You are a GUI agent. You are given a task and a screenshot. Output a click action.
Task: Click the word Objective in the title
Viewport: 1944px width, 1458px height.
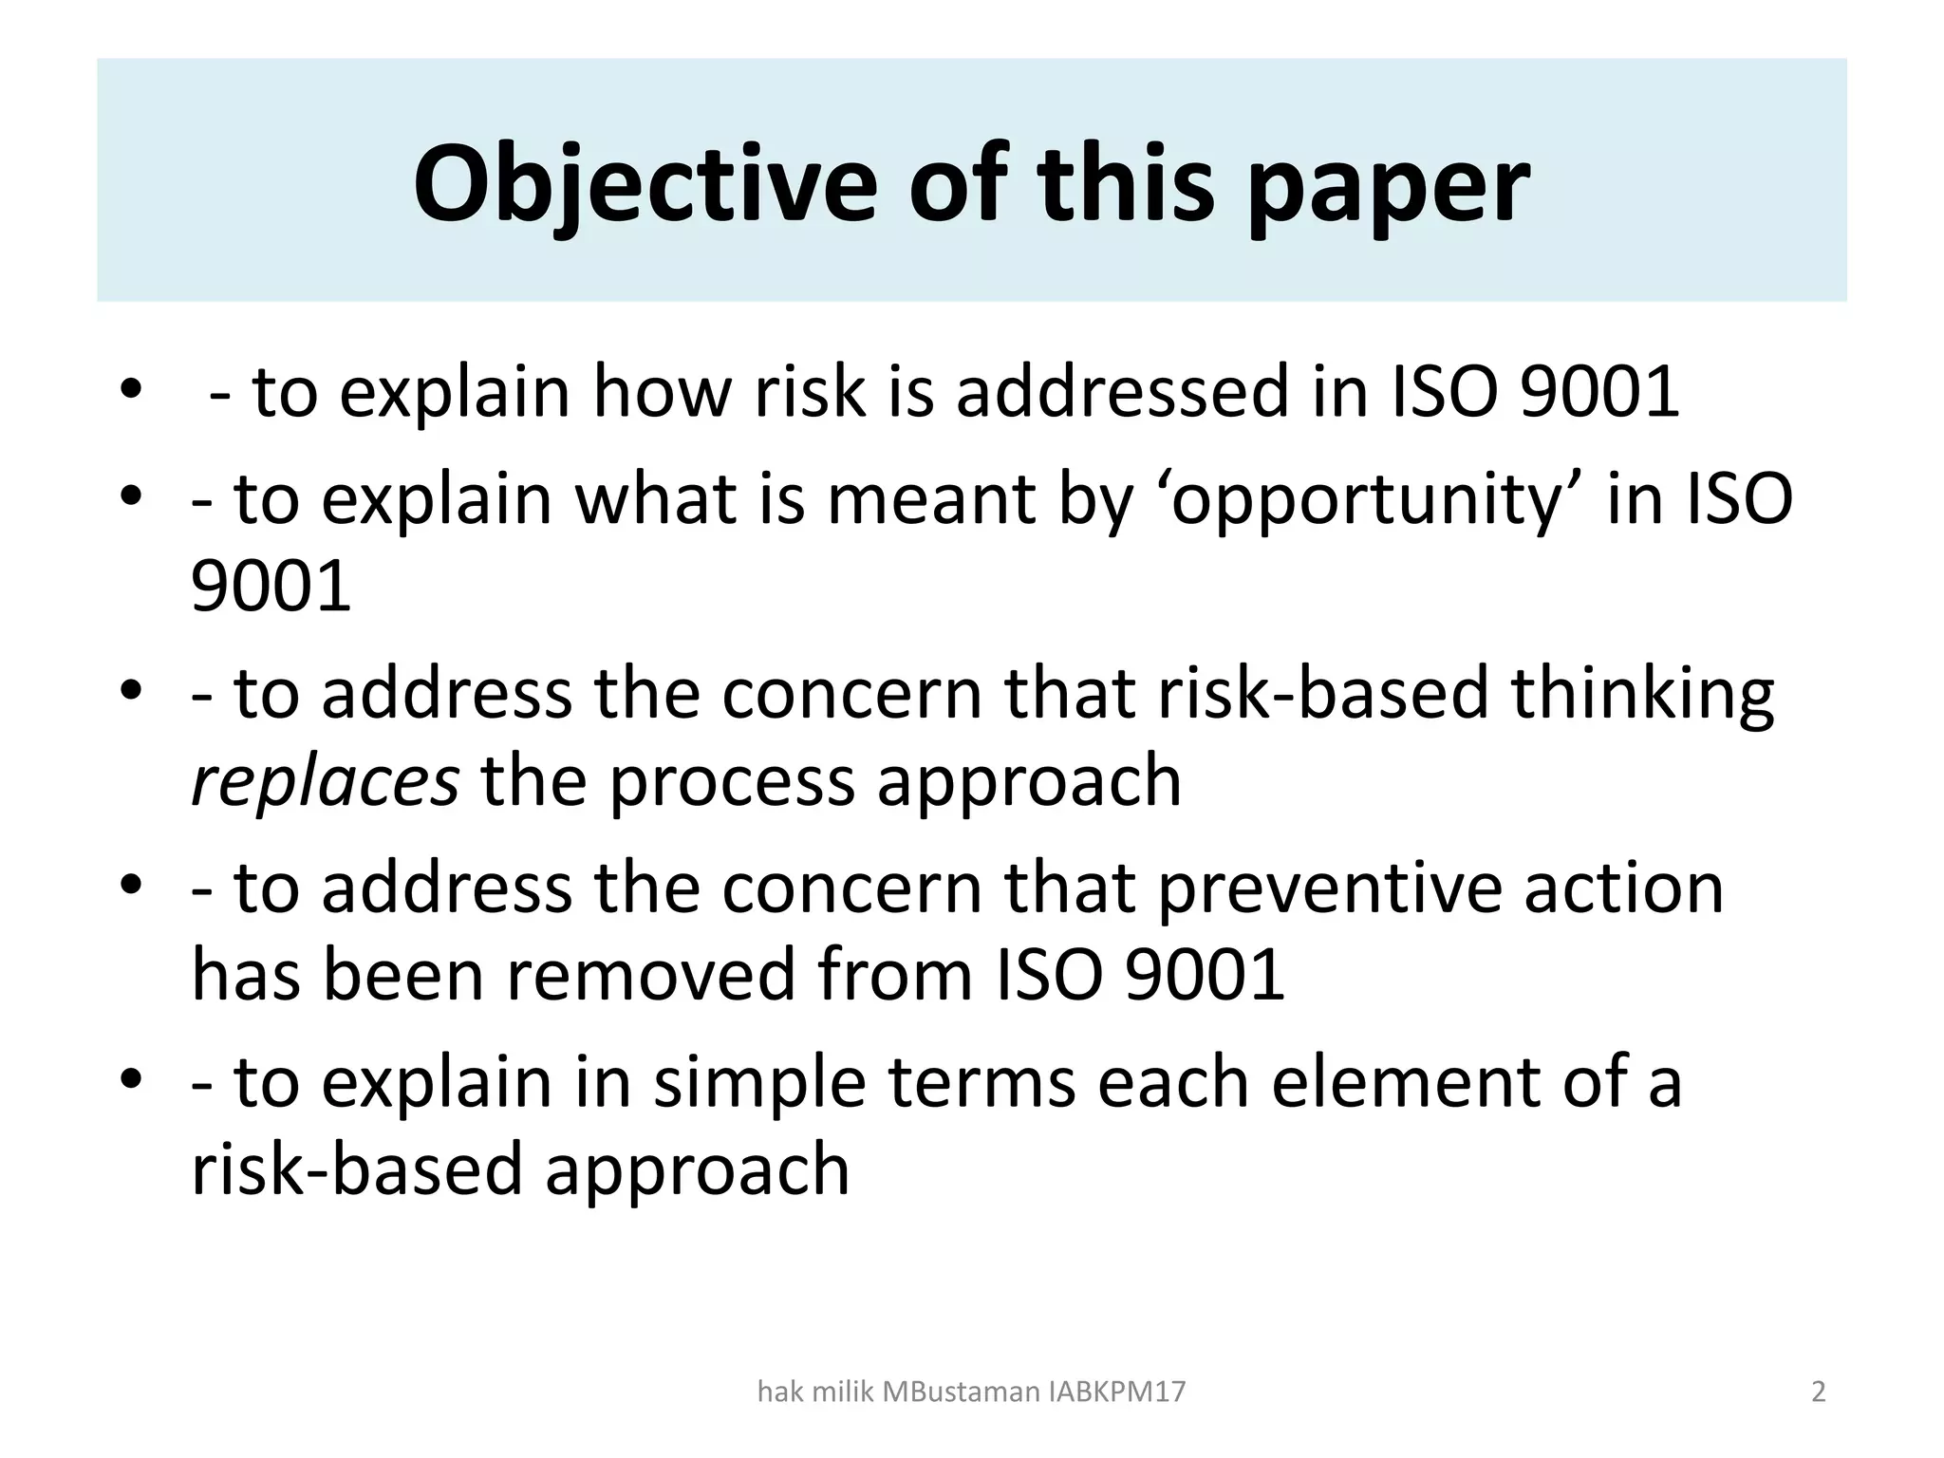pos(645,185)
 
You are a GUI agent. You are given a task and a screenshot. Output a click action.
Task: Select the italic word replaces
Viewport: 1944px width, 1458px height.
pos(326,780)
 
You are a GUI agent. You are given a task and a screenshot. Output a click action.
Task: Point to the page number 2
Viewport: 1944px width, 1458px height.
pos(1819,1393)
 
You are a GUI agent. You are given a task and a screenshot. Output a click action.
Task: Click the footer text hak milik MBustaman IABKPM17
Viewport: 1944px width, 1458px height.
pos(972,1393)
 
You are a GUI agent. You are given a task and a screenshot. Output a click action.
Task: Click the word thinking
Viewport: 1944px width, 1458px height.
pos(1642,694)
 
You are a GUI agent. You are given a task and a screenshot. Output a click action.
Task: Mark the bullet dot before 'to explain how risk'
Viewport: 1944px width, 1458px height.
pos(132,392)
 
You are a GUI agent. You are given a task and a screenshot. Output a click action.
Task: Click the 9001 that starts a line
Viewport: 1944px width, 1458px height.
pos(271,587)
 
